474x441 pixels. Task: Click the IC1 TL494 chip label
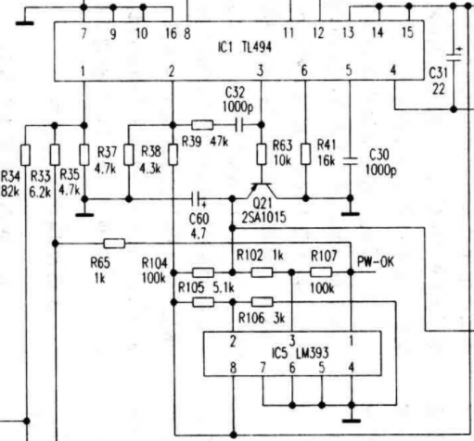point(245,47)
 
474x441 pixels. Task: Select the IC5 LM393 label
point(300,353)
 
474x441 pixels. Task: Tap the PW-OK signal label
point(376,262)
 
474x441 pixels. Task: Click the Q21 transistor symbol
point(262,191)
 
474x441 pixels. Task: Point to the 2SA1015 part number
point(263,218)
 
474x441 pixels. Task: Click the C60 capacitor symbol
point(197,199)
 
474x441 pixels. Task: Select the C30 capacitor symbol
point(351,161)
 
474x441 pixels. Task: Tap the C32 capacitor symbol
point(239,125)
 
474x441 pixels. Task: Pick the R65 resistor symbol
point(114,244)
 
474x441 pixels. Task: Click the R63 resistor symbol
point(262,154)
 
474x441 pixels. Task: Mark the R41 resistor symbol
point(306,154)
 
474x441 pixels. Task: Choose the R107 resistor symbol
point(321,272)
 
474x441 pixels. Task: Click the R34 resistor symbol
point(26,155)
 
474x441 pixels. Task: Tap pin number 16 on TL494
point(171,33)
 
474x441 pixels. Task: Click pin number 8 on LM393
point(234,368)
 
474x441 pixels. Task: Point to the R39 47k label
point(205,142)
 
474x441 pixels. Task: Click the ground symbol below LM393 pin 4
point(352,421)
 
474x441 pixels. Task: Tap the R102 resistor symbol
point(262,272)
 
